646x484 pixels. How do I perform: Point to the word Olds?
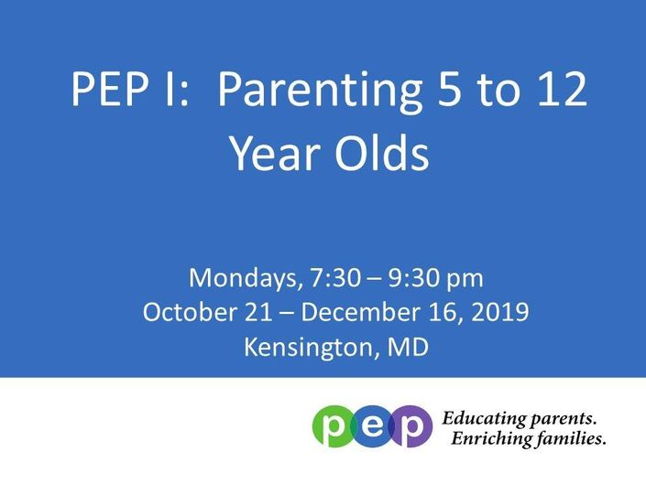point(381,152)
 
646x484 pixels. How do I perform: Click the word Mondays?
point(243,278)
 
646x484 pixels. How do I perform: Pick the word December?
point(356,312)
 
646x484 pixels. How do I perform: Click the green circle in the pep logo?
point(333,426)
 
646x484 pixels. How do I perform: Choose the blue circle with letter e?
point(372,426)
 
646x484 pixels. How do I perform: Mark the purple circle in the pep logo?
point(412,426)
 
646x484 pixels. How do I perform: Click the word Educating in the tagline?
point(484,419)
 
